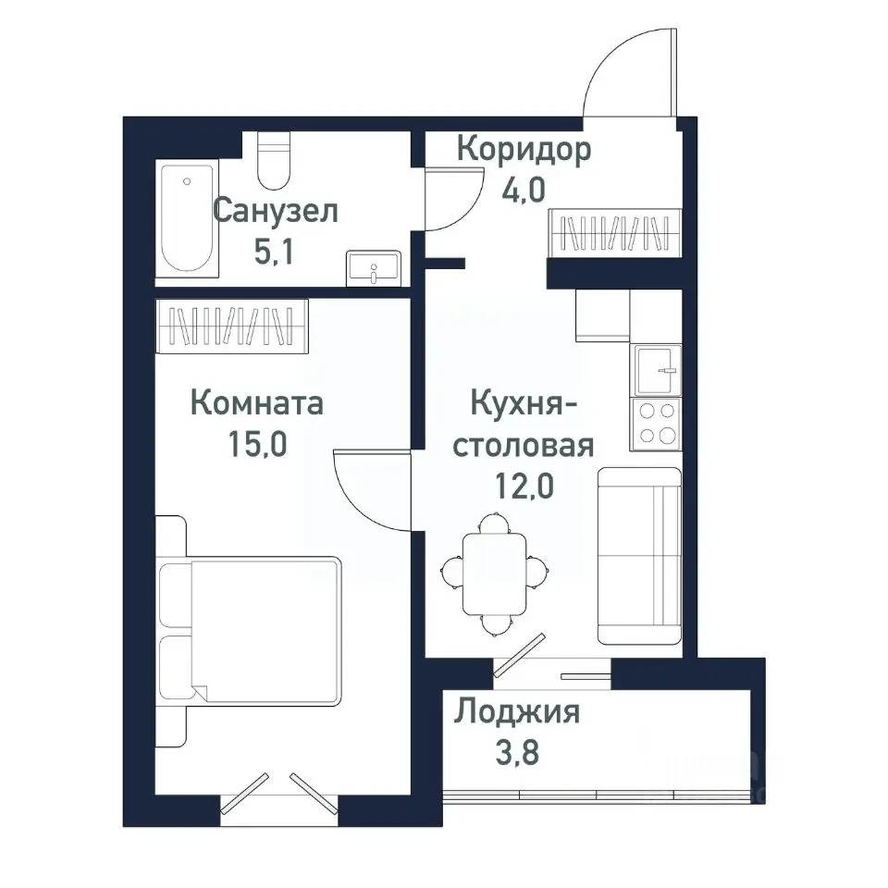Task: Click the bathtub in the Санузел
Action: (188, 217)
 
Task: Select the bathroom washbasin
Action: (374, 267)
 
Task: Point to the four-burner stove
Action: (656, 424)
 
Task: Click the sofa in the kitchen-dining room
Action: (639, 555)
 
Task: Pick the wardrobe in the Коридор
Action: (615, 232)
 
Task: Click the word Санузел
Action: (276, 211)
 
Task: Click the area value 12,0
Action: (525, 484)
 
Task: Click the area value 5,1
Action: (274, 251)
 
